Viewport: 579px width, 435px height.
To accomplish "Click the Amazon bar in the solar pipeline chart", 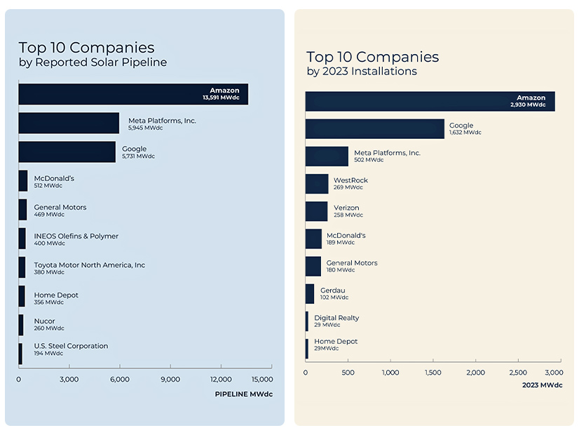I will [133, 94].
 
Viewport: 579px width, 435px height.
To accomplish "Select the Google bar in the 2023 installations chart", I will [375, 128].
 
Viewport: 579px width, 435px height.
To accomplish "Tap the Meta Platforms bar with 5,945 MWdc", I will [69, 123].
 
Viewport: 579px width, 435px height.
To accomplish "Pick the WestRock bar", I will [317, 184].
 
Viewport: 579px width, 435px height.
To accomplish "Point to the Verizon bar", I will [316, 211].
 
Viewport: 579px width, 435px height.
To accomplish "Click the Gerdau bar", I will [310, 293].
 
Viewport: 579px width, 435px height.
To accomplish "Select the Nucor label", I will [44, 321].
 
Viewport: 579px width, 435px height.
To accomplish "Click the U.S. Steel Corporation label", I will [71, 346].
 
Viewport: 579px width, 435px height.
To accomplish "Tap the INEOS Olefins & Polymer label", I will [76, 236].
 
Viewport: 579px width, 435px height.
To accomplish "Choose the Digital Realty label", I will [336, 318].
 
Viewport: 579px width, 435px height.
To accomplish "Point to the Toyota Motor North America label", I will [89, 265].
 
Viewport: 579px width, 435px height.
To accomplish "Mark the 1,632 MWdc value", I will [465, 132].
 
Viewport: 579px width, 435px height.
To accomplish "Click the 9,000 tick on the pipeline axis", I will [170, 380].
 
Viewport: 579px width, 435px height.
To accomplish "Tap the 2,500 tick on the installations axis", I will [518, 373].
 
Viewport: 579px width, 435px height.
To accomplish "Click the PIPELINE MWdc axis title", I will [243, 394].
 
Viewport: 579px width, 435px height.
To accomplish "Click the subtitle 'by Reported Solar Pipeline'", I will [93, 63].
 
